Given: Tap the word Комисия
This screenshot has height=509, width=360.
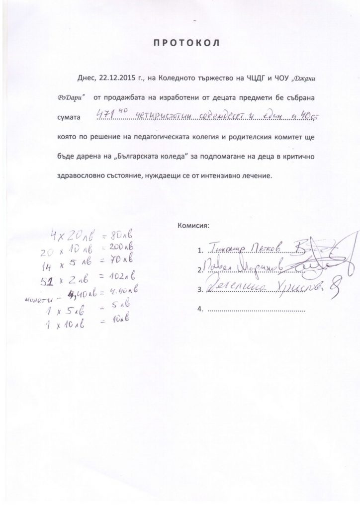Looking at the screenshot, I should pos(193,226).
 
